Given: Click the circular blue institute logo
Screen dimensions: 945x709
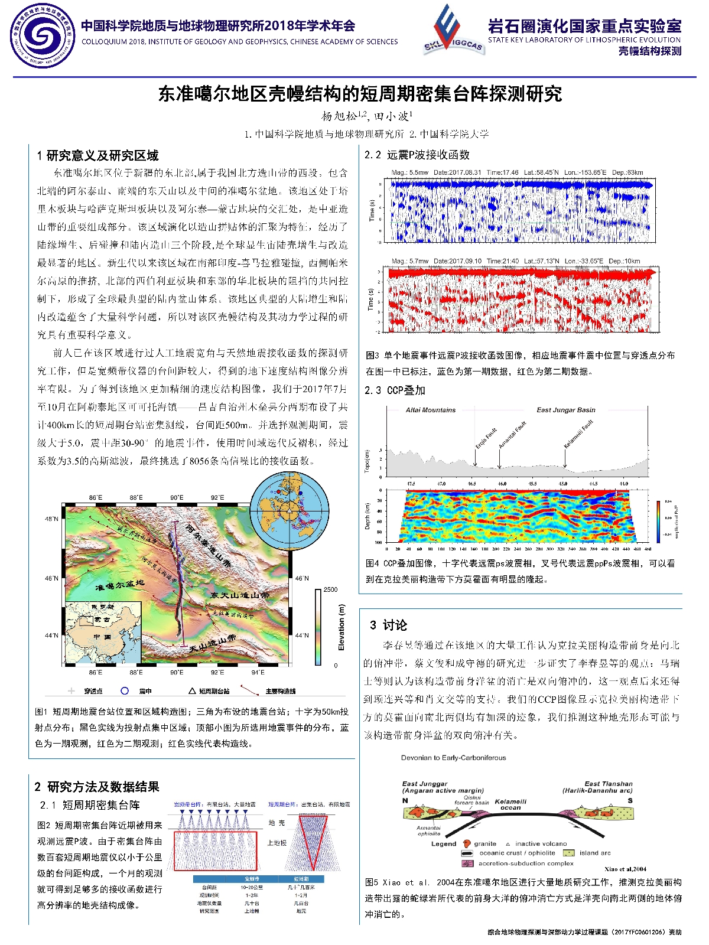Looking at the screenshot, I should tap(42, 36).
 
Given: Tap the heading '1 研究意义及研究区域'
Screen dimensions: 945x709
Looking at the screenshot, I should tap(98, 156).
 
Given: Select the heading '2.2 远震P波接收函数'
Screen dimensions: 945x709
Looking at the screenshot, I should tap(417, 155).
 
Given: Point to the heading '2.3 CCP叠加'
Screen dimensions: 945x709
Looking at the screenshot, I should tap(395, 390).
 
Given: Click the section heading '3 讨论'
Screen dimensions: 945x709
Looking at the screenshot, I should tap(388, 625).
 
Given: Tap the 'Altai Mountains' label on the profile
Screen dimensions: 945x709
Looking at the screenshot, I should tap(431, 410).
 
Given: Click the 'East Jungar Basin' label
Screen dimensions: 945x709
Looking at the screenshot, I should tap(565, 410).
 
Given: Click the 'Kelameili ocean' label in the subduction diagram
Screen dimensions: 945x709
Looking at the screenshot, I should tap(510, 804).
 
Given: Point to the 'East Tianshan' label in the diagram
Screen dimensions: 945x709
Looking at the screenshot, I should tap(608, 784).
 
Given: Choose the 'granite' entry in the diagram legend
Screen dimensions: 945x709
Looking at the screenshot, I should tap(484, 844).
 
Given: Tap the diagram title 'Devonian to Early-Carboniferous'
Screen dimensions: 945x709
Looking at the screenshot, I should tap(453, 758).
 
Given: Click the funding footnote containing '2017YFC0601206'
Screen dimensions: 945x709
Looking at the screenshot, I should tap(584, 932).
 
